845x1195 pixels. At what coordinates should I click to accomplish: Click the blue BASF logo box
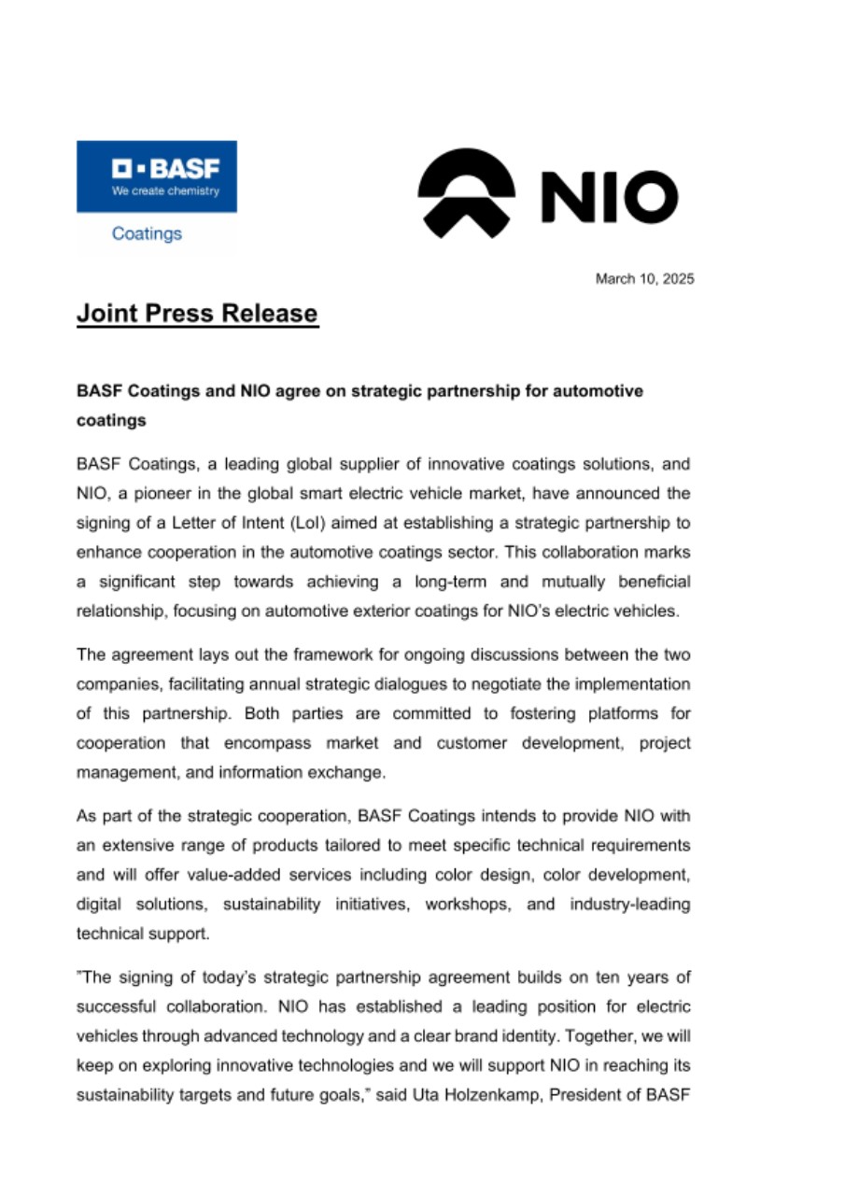156,176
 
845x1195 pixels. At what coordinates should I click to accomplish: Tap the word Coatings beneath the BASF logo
147,233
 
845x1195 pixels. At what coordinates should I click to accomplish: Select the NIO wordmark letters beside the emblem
608,199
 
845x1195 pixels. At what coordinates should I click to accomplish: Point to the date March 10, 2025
645,278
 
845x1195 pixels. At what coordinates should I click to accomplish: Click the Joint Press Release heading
197,313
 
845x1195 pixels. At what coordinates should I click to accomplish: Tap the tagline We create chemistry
165,191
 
